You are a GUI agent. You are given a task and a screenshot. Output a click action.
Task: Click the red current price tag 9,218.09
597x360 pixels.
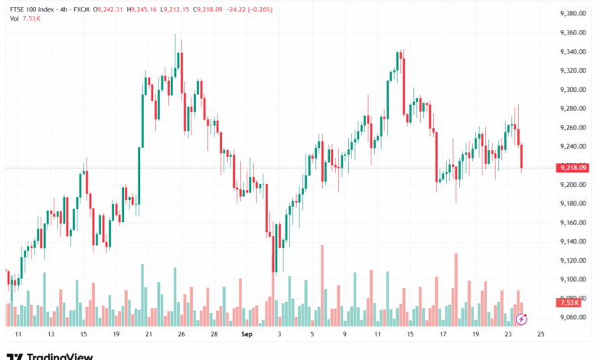tap(573, 167)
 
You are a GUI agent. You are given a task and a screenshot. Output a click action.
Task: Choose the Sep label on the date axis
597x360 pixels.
tap(246, 335)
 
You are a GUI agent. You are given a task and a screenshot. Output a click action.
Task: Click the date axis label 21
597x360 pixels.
tap(148, 335)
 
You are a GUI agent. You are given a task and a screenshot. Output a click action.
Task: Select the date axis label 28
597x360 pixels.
tap(214, 335)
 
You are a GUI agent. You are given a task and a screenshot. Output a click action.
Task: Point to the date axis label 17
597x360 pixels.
tap(442, 335)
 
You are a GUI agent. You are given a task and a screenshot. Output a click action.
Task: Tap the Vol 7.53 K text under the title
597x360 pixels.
tap(25, 18)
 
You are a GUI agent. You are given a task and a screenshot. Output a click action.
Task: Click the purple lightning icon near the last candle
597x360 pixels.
tap(521, 317)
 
